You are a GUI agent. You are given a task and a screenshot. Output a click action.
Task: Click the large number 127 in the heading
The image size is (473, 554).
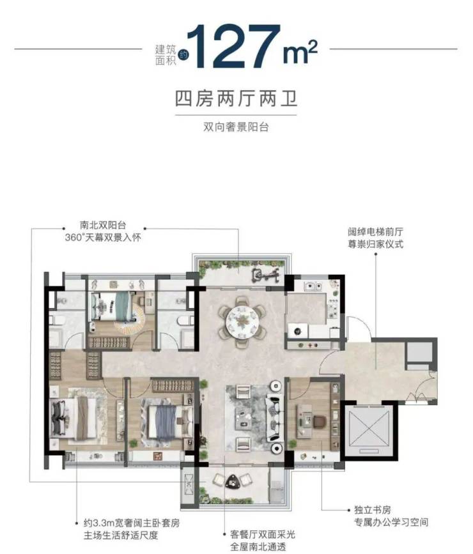(234, 46)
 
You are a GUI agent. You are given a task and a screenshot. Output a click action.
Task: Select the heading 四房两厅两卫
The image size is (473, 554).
(236, 98)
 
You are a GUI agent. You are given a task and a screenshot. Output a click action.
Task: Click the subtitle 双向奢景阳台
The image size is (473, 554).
(236, 127)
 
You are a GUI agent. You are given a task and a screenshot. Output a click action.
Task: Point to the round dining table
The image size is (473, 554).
(242, 321)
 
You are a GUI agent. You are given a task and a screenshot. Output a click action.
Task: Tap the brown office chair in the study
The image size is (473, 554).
(319, 422)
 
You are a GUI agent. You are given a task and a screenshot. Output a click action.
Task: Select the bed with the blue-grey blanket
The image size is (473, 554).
(166, 424)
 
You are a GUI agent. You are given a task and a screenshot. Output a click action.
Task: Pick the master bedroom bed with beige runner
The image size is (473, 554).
(74, 419)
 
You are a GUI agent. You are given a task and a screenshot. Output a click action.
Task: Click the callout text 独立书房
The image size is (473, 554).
(372, 510)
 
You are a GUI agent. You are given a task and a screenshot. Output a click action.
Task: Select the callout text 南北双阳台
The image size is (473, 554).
(103, 225)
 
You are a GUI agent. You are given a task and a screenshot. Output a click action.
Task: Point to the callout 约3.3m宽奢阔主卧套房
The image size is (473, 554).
(132, 523)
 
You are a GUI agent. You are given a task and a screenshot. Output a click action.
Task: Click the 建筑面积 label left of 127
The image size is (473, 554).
(166, 54)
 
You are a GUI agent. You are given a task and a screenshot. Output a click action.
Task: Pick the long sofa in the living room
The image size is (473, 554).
(275, 418)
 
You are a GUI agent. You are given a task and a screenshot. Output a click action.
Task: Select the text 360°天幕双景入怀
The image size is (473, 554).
(103, 237)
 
